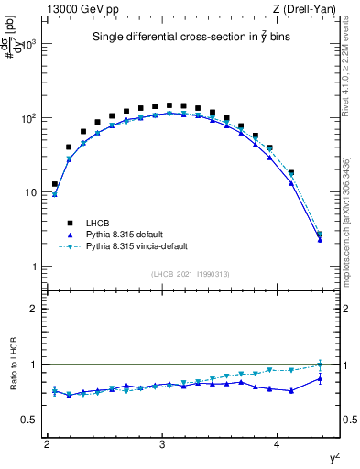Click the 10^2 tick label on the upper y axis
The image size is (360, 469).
(x=28, y=118)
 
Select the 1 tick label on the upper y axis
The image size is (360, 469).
(x=37, y=267)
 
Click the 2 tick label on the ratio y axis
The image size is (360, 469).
(x=37, y=309)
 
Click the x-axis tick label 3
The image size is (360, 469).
(x=162, y=444)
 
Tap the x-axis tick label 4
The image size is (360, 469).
(x=278, y=444)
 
